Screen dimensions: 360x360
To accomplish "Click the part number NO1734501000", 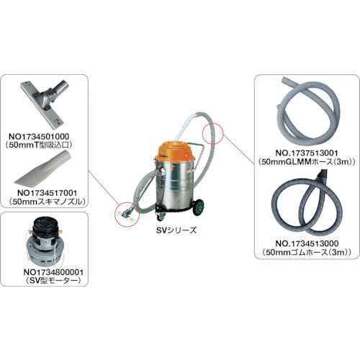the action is [39, 136].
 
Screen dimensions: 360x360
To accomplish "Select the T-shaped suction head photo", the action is [45, 103].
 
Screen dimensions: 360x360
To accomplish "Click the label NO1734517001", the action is [48, 193].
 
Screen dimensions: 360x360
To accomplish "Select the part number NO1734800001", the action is [53, 272].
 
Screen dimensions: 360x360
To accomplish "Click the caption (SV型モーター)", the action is [53, 281].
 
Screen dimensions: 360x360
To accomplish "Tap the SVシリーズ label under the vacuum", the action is [176, 230].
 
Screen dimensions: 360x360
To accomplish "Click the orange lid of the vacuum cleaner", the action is [176, 151].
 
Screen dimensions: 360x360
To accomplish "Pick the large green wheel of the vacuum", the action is [198, 207].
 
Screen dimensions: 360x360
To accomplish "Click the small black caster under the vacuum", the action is [160, 217].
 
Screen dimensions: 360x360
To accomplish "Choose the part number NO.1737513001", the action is [307, 153].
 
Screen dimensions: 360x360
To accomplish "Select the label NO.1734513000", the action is [307, 243].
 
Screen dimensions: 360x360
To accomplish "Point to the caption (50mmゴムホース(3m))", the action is [307, 252].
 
